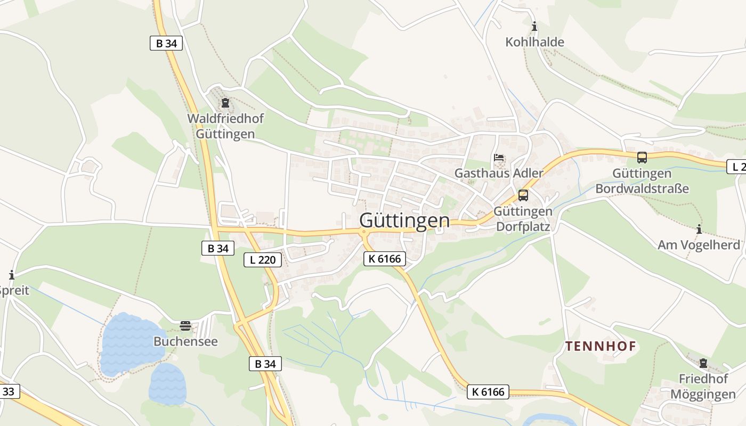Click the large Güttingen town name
[x=404, y=220]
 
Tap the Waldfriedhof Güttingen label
[x=225, y=126]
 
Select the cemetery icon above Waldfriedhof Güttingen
[x=225, y=102]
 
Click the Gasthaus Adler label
[x=499, y=173]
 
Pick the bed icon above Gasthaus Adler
[x=499, y=158]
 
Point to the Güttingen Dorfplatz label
[x=523, y=219]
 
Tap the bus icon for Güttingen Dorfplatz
[x=523, y=195]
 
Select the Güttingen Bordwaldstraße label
[x=642, y=181]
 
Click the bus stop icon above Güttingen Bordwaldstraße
[x=642, y=158]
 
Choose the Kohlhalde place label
[x=534, y=42]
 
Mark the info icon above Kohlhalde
[x=534, y=26]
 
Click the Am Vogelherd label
[x=699, y=245]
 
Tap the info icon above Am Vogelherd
[x=699, y=230]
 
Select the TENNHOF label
[x=601, y=347]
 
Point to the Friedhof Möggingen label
[x=703, y=387]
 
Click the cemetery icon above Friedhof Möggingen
[x=703, y=363]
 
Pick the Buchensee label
[x=185, y=341]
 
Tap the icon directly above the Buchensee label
[x=185, y=325]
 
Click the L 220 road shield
[x=263, y=260]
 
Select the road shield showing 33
[x=9, y=392]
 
